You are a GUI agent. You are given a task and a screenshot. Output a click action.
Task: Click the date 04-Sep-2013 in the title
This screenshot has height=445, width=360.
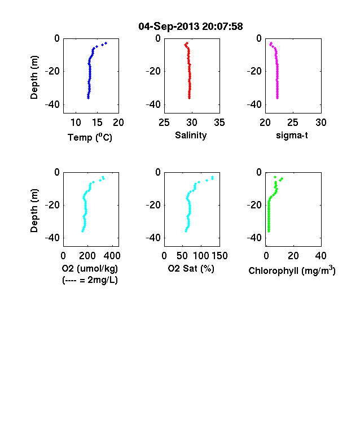pos(169,27)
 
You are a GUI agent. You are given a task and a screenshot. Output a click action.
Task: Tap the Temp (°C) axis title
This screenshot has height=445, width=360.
pos(90,137)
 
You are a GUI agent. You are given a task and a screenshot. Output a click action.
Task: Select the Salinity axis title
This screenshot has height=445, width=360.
pos(191,136)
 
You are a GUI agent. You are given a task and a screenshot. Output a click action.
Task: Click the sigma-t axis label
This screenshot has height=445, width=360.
pos(292,136)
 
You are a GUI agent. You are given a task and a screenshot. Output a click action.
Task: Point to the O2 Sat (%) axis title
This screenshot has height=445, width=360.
pos(191,268)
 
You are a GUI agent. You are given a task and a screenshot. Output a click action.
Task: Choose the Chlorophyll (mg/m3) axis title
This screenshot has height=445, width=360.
pos(292,271)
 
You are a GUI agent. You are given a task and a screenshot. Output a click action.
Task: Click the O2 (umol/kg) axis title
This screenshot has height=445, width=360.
pos(90,268)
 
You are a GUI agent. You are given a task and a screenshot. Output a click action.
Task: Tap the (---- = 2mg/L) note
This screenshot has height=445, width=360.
pos(90,280)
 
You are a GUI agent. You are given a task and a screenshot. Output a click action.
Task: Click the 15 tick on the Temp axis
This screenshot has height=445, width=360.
pos(97,123)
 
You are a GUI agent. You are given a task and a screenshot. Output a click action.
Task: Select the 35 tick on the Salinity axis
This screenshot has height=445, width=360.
pos(219,123)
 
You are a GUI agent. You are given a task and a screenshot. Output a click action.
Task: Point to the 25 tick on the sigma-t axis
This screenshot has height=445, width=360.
pos(293,123)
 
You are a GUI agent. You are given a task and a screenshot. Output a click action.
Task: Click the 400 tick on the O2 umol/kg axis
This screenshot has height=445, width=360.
pos(112,256)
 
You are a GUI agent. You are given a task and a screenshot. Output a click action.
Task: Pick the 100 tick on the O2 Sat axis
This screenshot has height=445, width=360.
pos(201,256)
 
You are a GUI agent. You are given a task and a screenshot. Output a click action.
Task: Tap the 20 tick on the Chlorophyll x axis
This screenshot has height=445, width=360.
pos(293,256)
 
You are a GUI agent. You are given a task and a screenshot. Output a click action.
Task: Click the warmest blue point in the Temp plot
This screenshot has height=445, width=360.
pos(106,43)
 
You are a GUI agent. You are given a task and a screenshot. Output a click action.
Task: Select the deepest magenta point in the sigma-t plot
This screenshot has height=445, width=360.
pos(278,98)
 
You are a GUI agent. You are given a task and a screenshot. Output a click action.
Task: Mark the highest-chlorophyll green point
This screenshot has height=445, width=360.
pos(282,179)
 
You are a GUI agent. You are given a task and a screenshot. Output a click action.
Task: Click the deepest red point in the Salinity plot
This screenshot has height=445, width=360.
pos(189,98)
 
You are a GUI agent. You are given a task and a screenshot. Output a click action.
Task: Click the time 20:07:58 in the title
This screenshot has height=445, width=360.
pos(222,27)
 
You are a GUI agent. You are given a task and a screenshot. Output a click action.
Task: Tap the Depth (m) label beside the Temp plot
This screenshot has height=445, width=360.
pos(34,77)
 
